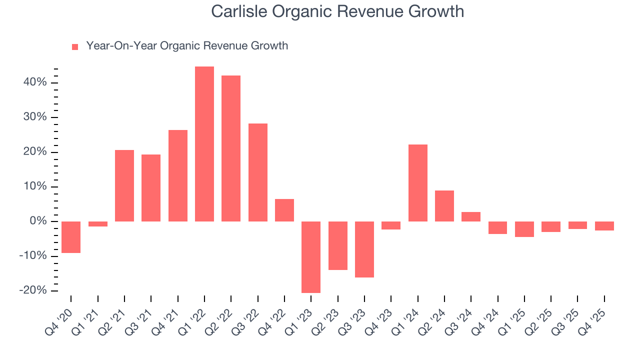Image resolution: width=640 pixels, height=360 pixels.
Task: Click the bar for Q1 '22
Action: [204, 144]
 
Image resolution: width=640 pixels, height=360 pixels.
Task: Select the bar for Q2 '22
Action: [231, 148]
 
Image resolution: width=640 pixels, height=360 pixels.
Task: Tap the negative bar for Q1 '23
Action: [311, 257]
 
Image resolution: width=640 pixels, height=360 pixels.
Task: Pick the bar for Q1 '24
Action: [418, 183]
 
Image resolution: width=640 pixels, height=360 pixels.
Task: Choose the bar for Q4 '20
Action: [71, 237]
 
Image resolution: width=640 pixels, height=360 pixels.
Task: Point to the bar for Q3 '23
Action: [364, 249]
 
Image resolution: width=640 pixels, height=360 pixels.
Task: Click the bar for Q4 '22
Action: [284, 210]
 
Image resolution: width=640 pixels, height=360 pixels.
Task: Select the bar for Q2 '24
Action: [444, 206]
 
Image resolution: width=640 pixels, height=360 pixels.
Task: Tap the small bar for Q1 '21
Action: [98, 224]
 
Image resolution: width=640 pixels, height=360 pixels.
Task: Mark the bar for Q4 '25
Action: [604, 226]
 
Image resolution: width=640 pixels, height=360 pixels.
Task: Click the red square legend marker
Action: [75, 47]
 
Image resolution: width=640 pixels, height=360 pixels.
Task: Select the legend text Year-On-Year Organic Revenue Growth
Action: [187, 46]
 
